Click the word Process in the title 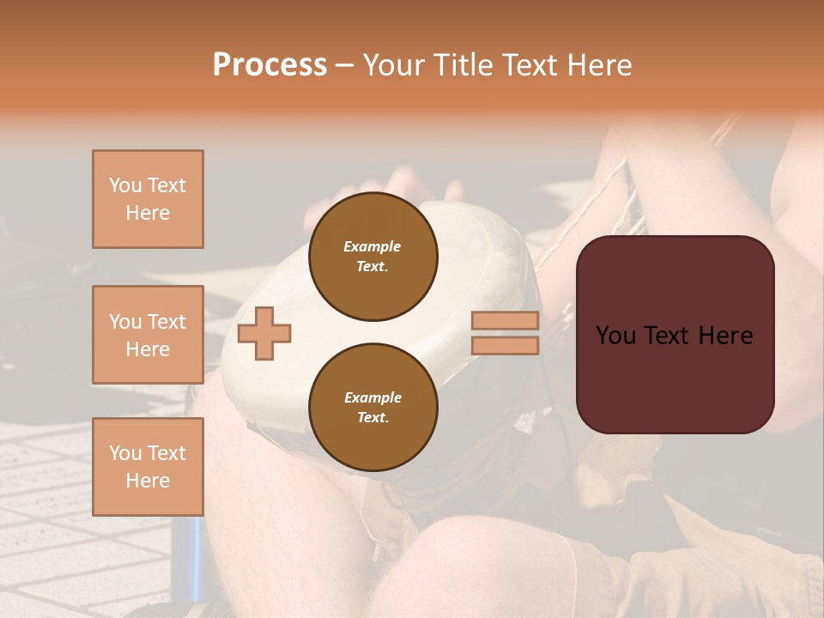point(270,65)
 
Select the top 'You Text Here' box point(148,199)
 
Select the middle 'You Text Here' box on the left point(148,335)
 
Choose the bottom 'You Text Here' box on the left point(148,467)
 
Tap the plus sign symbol point(264,334)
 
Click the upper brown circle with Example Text point(373,257)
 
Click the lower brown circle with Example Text point(373,408)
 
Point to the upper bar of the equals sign point(505,321)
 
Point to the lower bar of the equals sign point(505,346)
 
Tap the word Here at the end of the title point(598,65)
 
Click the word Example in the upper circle point(373,246)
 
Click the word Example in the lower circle point(373,397)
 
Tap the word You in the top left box point(124,185)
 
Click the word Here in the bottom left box point(148,481)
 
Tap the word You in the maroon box point(615,336)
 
